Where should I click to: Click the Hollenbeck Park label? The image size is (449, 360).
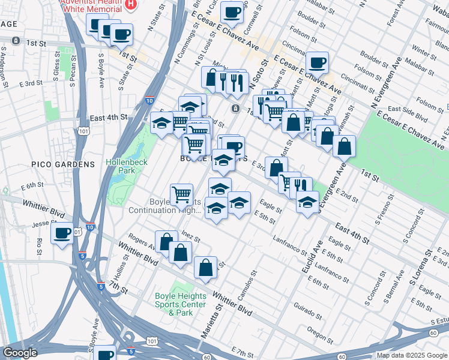click(122, 166)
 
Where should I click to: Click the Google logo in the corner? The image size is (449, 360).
click(20, 353)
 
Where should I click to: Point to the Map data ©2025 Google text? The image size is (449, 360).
click(411, 355)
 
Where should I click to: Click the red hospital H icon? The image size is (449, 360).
click(131, 4)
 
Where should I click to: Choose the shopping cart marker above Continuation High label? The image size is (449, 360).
click(181, 194)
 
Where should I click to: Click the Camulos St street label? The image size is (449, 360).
click(251, 281)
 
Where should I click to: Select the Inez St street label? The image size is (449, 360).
click(190, 239)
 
